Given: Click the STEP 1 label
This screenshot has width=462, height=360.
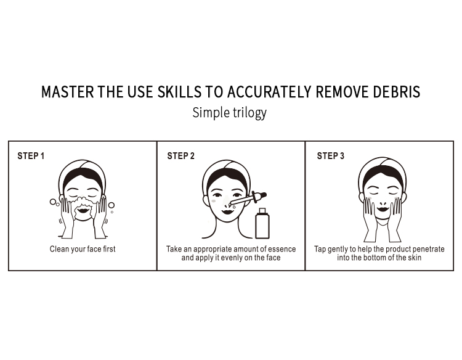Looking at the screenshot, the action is coord(31,156).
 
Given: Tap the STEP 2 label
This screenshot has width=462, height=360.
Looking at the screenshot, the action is coord(181,156).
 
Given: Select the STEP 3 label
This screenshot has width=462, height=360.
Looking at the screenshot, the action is coord(331,156).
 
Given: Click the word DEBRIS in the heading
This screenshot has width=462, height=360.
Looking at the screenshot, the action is coord(397,92).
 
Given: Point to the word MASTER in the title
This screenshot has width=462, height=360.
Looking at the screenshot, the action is coord(68,92).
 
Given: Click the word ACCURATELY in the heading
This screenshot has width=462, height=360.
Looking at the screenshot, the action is coord(269,92).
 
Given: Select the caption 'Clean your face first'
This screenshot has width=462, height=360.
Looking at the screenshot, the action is coord(83,249).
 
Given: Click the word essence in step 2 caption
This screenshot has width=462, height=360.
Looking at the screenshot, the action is coord(282,249).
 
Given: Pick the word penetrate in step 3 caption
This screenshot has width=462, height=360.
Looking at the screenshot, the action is coord(428,249).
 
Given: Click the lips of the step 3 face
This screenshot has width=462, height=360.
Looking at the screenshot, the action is coord(383,209).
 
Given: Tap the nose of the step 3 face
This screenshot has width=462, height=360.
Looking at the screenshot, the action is coord(383,203).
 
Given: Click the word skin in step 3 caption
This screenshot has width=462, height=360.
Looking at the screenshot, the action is coord(415,258).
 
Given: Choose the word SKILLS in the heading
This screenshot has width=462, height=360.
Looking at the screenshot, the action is coord(179,92).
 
